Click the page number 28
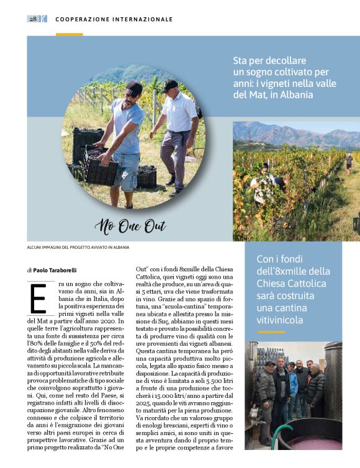[x=33, y=19]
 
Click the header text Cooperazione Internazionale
[x=114, y=19]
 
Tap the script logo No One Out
[x=130, y=227]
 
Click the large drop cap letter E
[x=38, y=299]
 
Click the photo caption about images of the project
[x=78, y=247]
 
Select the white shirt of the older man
[x=179, y=113]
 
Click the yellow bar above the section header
[x=69, y=34]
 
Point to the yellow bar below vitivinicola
[x=271, y=332]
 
